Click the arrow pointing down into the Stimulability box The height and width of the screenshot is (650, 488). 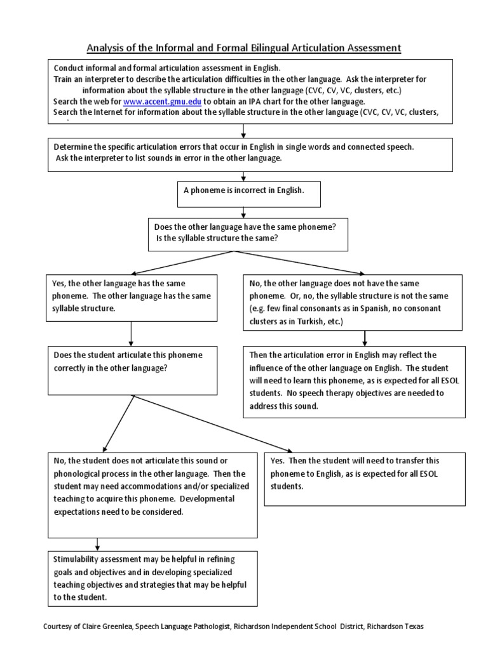[x=97, y=544]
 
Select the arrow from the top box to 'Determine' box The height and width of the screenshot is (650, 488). [x=244, y=131]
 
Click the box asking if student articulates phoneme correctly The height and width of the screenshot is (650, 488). [x=131, y=369]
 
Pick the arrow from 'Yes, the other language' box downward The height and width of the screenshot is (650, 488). [x=131, y=333]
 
